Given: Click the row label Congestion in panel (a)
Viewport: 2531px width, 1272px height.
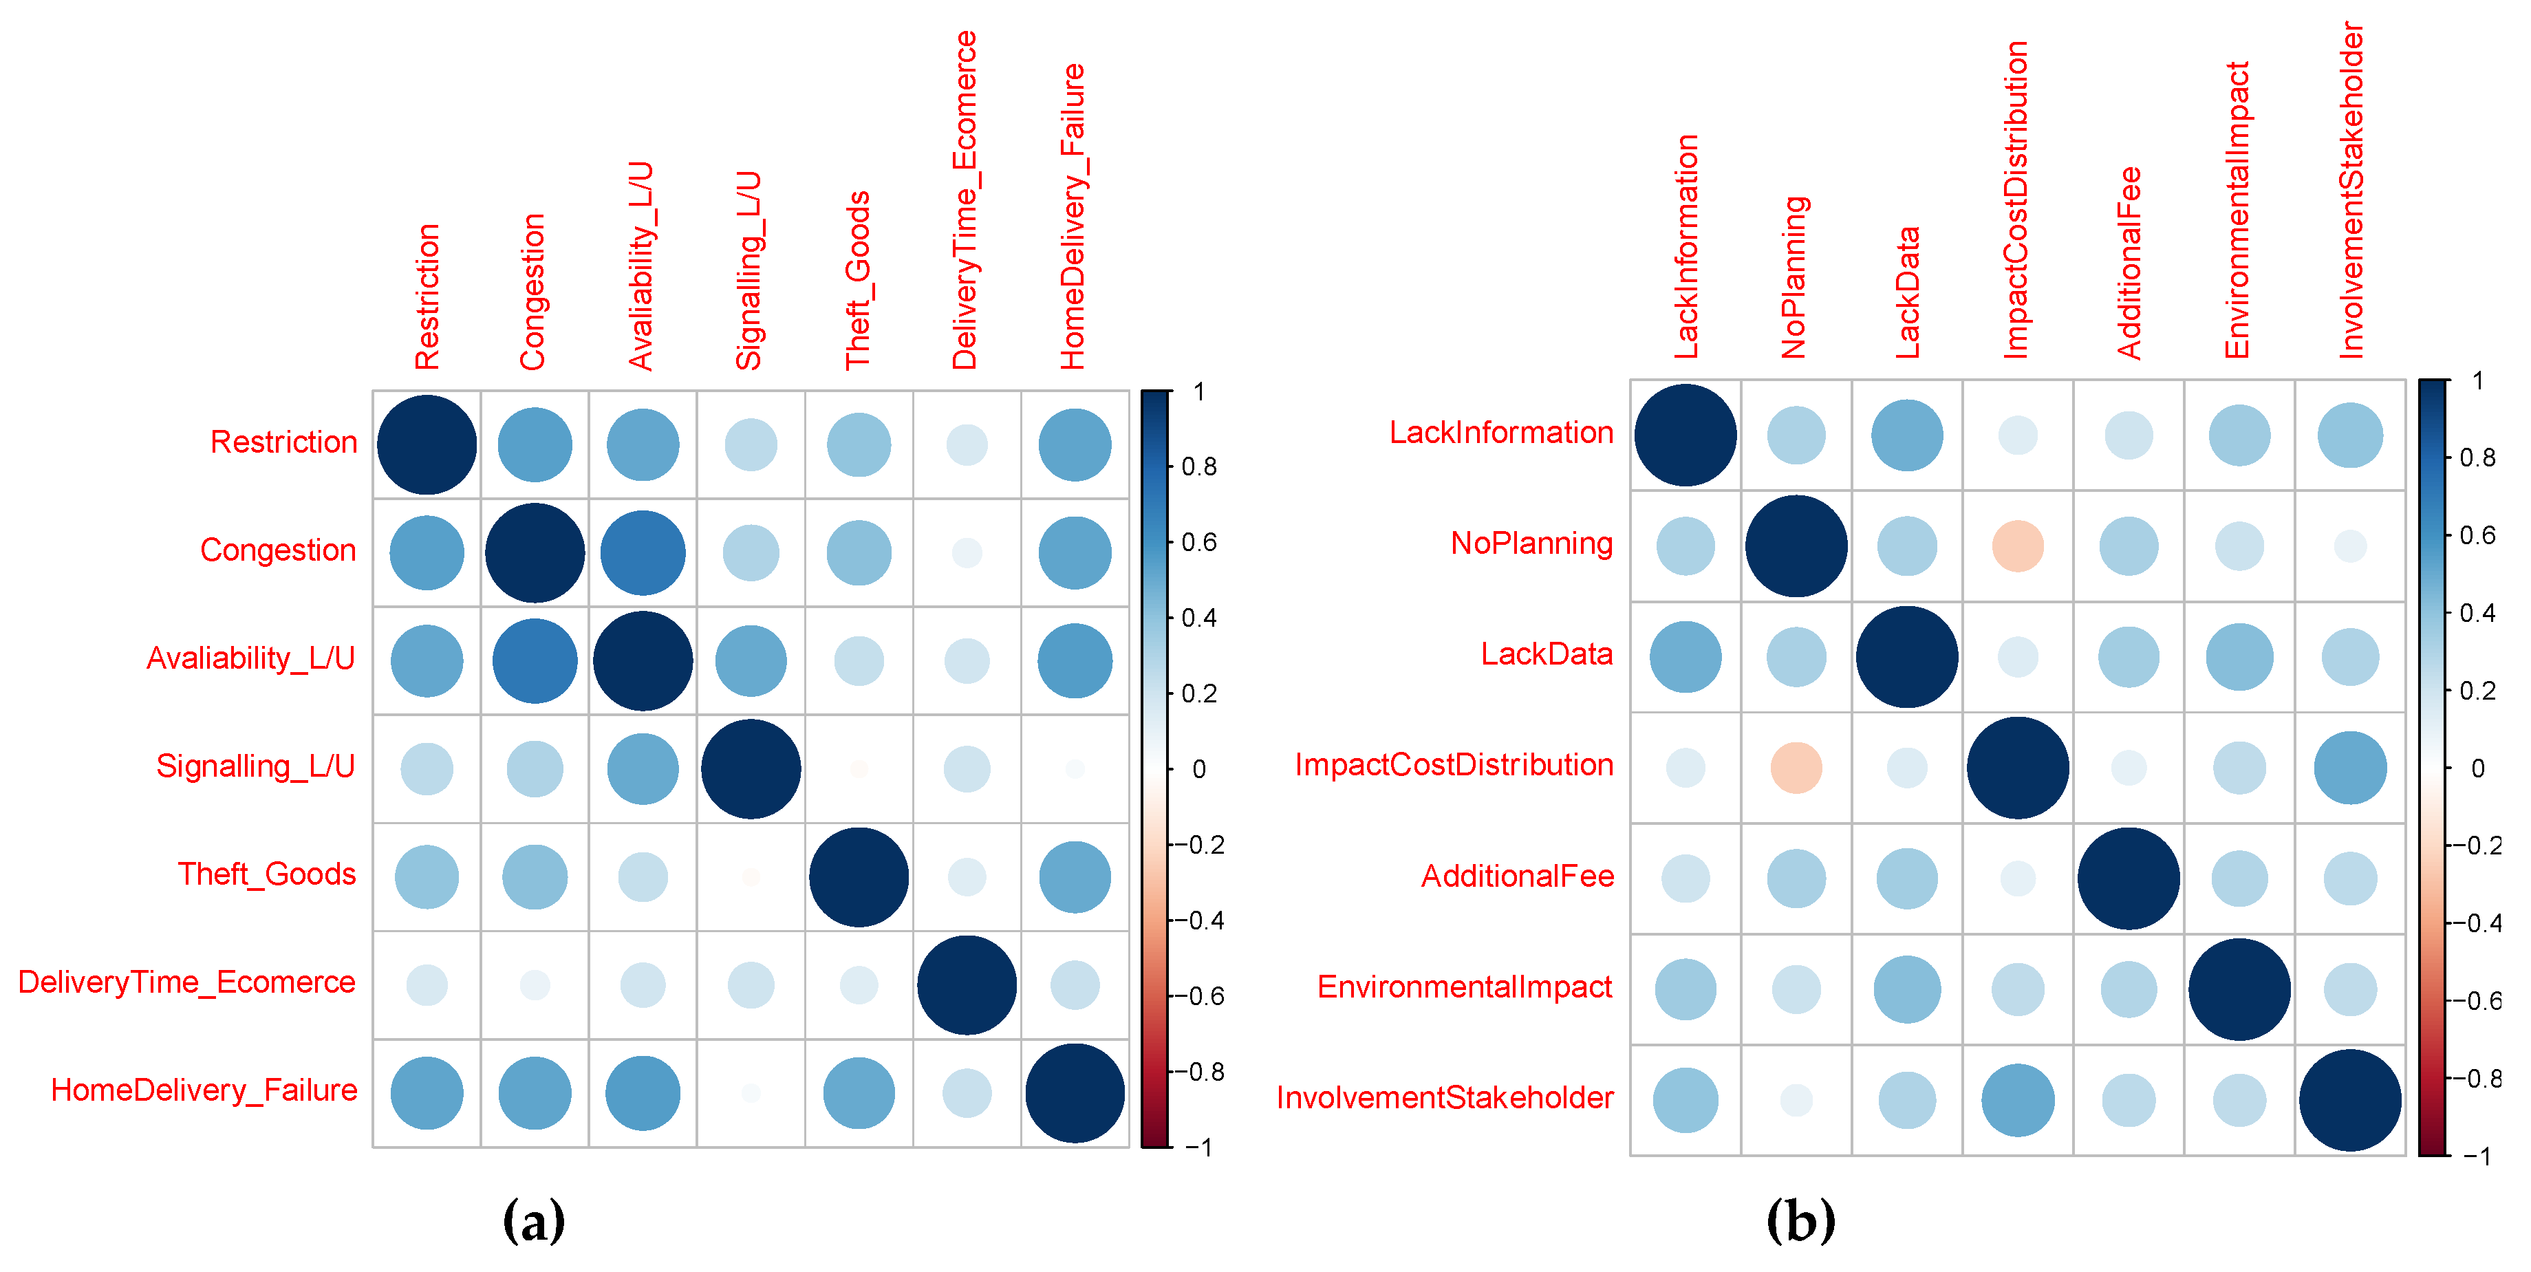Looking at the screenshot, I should [x=278, y=550].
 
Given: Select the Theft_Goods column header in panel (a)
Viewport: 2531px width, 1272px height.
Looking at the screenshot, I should [x=858, y=280].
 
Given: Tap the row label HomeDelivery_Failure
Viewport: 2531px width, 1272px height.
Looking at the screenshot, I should [x=204, y=1090].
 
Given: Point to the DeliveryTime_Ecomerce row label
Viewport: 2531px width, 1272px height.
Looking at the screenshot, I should [x=186, y=982].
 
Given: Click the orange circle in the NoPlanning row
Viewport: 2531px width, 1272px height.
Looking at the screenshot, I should [x=2017, y=546].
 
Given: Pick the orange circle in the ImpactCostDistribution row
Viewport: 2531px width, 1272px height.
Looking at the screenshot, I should [x=1796, y=767].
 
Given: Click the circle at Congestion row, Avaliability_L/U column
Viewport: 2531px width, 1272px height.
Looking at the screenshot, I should [x=643, y=553].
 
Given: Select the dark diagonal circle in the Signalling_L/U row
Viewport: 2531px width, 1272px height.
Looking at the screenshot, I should [x=751, y=769].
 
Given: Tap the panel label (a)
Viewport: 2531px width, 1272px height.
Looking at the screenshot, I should [x=534, y=1221].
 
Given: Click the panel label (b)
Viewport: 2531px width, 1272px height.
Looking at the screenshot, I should [x=1800, y=1221].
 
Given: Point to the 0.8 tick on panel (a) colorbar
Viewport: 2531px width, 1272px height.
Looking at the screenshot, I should [x=1198, y=466].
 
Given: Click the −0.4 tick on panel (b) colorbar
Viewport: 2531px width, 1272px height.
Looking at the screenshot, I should [x=2484, y=923].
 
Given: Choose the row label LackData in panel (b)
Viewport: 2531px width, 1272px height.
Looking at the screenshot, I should [x=1547, y=654].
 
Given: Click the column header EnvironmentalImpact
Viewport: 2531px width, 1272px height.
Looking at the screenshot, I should [x=2237, y=211].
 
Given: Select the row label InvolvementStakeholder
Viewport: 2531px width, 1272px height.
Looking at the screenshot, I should [x=1444, y=1097].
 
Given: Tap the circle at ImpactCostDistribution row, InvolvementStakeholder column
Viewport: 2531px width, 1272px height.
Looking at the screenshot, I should [x=2349, y=767].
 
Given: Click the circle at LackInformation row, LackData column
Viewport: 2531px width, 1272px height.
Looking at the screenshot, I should [x=1906, y=435].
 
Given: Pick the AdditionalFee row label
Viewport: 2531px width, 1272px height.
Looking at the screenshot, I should [x=1517, y=876].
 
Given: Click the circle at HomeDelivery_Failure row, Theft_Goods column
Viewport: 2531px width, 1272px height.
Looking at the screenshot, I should [x=859, y=1093].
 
